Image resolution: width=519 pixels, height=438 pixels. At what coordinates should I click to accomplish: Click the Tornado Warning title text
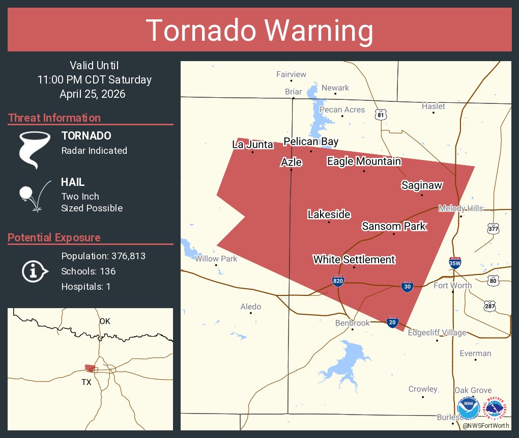(259, 31)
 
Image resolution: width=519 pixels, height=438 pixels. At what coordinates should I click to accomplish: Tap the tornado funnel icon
(34, 150)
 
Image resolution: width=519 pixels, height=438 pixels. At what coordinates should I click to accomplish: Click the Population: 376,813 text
(103, 256)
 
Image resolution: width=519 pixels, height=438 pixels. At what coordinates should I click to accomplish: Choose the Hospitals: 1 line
(86, 286)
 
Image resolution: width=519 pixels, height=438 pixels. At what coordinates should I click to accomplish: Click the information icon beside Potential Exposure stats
(34, 271)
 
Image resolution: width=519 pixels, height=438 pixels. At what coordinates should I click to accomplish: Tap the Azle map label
(292, 162)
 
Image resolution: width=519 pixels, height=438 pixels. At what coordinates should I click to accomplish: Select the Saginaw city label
(421, 185)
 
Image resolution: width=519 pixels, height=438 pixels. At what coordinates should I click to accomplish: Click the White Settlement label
(354, 260)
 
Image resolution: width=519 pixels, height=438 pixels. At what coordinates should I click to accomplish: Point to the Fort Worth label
(452, 285)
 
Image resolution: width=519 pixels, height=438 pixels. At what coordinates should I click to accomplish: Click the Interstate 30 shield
(407, 286)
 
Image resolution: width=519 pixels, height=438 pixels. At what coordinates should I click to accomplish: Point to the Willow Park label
(216, 259)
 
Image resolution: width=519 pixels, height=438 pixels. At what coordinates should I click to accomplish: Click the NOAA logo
(468, 408)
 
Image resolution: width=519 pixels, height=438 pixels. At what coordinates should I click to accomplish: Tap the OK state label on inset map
(105, 321)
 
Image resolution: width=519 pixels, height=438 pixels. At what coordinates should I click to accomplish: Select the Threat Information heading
(54, 118)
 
